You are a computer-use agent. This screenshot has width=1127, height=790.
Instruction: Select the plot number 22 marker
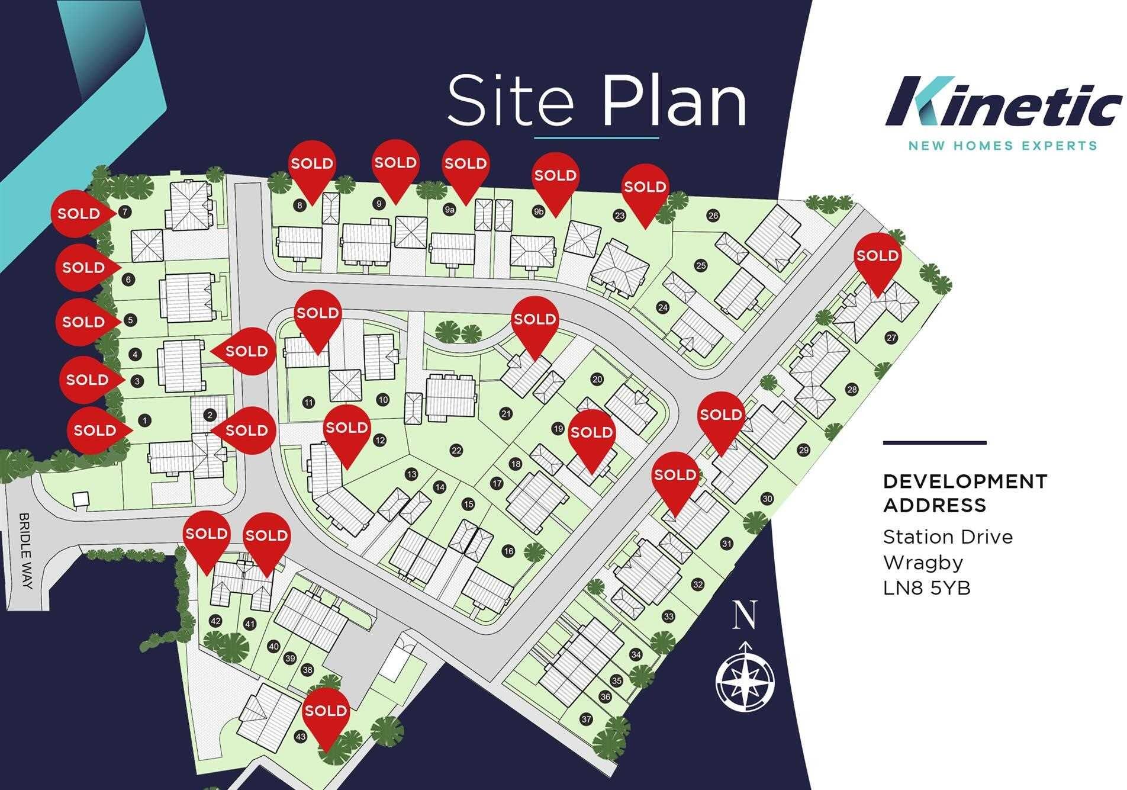click(x=456, y=451)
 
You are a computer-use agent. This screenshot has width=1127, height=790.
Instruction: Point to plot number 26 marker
click(x=713, y=216)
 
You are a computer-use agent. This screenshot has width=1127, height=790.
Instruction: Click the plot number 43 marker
click(x=301, y=737)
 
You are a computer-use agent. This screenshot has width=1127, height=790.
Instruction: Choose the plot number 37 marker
click(x=586, y=720)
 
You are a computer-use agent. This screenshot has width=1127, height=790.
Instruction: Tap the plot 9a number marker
click(x=449, y=210)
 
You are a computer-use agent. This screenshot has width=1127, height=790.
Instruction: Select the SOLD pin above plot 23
click(x=645, y=188)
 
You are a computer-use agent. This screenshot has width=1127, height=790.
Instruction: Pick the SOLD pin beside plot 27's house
click(x=877, y=256)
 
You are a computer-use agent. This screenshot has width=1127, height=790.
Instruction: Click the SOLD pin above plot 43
click(x=326, y=711)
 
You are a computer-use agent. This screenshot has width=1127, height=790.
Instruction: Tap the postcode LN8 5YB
click(x=926, y=588)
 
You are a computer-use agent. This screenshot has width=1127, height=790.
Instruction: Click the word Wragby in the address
click(x=923, y=562)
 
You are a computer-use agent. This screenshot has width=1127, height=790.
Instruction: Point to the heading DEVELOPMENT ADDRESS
click(x=965, y=493)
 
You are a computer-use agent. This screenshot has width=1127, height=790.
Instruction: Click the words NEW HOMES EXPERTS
click(x=1003, y=145)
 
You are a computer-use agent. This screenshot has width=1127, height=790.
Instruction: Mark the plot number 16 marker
click(x=508, y=551)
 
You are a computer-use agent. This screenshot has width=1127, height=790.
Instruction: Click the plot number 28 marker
click(x=852, y=390)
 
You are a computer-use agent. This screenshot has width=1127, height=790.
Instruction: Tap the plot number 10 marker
click(x=383, y=400)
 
